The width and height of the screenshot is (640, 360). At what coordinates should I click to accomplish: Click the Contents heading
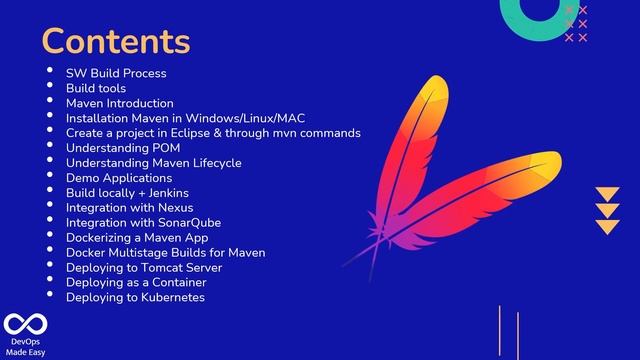click(115, 41)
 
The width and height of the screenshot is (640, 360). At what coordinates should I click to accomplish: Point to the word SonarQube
click(186, 222)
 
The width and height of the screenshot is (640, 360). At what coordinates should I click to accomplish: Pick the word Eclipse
click(189, 132)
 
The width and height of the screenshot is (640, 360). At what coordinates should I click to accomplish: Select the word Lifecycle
click(212, 162)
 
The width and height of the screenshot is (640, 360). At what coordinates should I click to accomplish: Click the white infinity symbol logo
click(21, 325)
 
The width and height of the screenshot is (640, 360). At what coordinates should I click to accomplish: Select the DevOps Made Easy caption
click(22, 347)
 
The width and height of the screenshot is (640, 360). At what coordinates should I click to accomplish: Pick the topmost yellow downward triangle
click(607, 194)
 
